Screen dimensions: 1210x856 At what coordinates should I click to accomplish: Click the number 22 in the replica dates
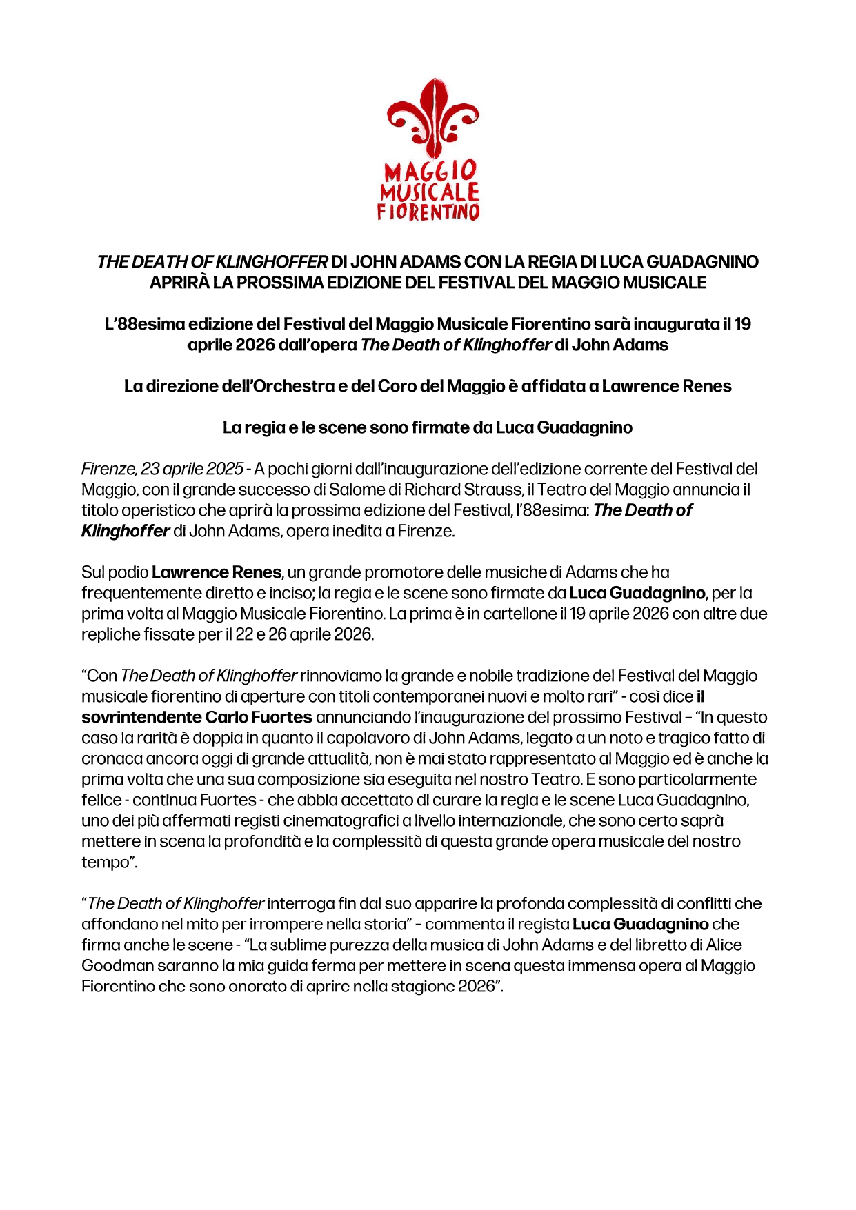[x=244, y=634]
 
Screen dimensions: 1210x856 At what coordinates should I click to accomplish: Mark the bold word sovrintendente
[x=141, y=717]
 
